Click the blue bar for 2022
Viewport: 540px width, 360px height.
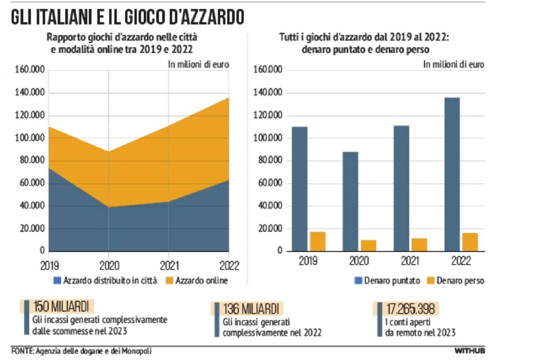[452, 174]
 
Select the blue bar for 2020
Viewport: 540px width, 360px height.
[350, 201]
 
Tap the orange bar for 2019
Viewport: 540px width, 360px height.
[318, 241]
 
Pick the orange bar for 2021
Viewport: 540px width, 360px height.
[419, 245]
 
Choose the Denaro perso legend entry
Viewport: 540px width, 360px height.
[455, 281]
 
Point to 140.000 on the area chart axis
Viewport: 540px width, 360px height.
[30, 93]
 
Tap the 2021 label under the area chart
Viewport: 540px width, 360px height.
[169, 265]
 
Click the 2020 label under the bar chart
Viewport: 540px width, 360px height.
[359, 261]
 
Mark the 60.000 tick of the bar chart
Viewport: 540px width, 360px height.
[270, 183]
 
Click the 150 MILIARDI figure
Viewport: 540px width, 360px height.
[61, 307]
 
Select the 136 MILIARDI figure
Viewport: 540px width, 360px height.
[251, 309]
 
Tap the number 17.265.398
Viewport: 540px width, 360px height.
[411, 309]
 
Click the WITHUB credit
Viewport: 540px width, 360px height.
[469, 351]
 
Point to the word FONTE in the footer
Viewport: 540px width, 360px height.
[23, 351]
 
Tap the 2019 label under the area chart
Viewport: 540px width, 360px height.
[49, 265]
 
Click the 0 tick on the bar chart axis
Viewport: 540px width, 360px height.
[280, 251]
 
